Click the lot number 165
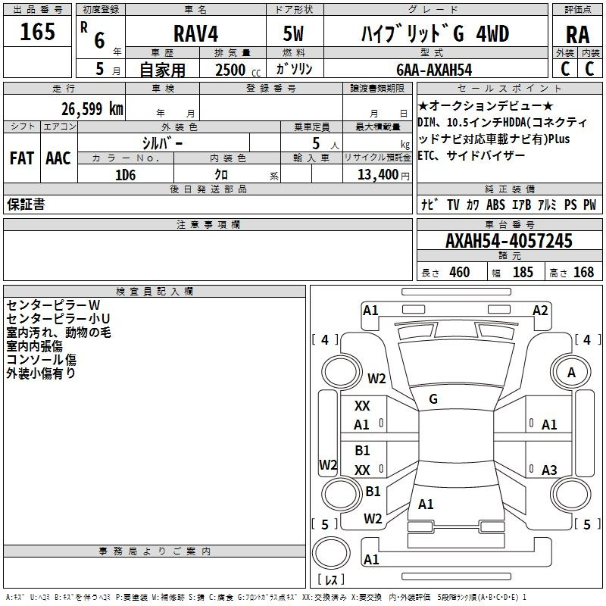37,32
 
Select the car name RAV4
195,33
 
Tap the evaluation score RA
577,35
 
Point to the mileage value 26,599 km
92,109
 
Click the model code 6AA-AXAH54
434,70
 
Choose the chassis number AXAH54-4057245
508,241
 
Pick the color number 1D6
125,175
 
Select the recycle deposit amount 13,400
377,175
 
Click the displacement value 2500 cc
238,70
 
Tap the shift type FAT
22,158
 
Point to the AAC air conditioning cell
58,158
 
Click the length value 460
460,272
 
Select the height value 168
583,272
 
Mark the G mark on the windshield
433,399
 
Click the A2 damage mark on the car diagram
540,311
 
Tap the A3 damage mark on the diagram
549,470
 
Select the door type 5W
293,33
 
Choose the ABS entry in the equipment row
495,205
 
